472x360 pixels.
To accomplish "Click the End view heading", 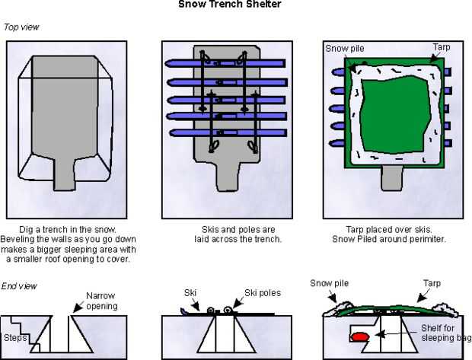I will pyautogui.click(x=21, y=285).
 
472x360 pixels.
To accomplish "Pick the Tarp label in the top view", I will pyautogui.click(x=442, y=47).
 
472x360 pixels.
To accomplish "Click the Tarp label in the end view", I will pyautogui.click(x=431, y=284).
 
